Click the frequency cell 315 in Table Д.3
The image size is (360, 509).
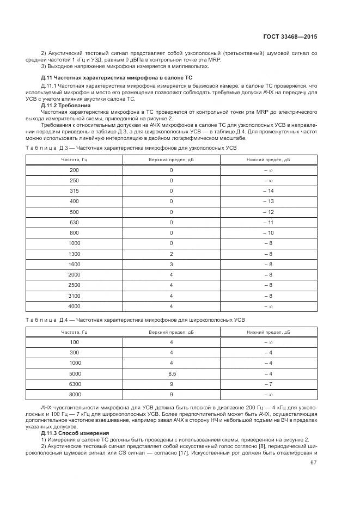pyautogui.click(x=74, y=191)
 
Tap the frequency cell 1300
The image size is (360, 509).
pyautogui.click(x=74, y=254)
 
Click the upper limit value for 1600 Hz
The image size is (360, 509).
pyautogui.click(x=171, y=264)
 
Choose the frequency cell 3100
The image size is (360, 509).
pyautogui.click(x=74, y=296)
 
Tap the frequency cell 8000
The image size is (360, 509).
pyautogui.click(x=74, y=394)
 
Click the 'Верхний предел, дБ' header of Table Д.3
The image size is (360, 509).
pyautogui.click(x=171, y=160)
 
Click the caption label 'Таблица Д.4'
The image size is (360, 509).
pyautogui.click(x=46, y=320)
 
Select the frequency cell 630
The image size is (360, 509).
pyautogui.click(x=74, y=222)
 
